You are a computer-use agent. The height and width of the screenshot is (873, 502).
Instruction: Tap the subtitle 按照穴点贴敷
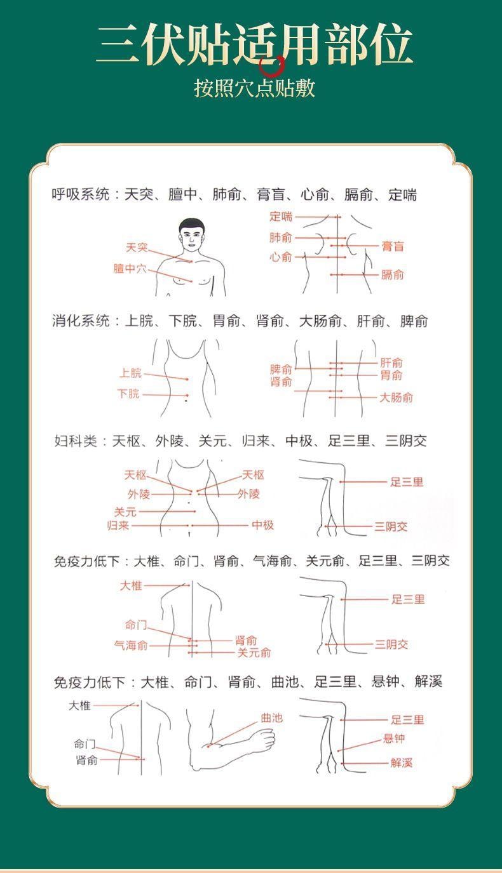pos(254,88)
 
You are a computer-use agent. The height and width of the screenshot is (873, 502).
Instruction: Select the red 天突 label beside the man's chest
pos(136,247)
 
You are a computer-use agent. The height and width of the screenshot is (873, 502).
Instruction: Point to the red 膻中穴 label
pos(130,269)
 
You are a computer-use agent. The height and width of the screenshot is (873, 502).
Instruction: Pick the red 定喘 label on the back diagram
pos(281,217)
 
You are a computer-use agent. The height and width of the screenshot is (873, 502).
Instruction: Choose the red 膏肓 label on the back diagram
pos(392,246)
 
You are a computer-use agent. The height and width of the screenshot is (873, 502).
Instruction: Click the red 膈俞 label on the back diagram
pos(392,274)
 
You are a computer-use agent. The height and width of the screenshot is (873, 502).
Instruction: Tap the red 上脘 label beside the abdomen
pos(130,373)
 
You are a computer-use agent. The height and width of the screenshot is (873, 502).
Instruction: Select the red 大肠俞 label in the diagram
pos(396,397)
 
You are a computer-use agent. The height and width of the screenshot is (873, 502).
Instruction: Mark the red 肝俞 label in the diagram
pos(391,363)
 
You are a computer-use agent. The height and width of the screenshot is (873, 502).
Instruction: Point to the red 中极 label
pos(262,525)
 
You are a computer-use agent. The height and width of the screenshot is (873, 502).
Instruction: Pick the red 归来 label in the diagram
pos(118,525)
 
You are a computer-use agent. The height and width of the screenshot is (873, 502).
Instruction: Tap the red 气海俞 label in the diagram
pos(130,646)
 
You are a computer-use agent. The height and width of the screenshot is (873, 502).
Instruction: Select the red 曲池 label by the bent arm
pos(271,718)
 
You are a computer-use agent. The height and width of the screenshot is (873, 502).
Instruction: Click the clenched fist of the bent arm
pos(261,740)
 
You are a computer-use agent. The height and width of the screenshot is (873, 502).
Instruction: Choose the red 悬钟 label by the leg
pos(394,738)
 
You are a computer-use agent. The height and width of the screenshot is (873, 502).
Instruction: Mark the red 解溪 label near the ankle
pos(402,763)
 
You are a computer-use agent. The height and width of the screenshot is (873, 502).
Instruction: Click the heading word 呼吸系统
pos(80,194)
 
